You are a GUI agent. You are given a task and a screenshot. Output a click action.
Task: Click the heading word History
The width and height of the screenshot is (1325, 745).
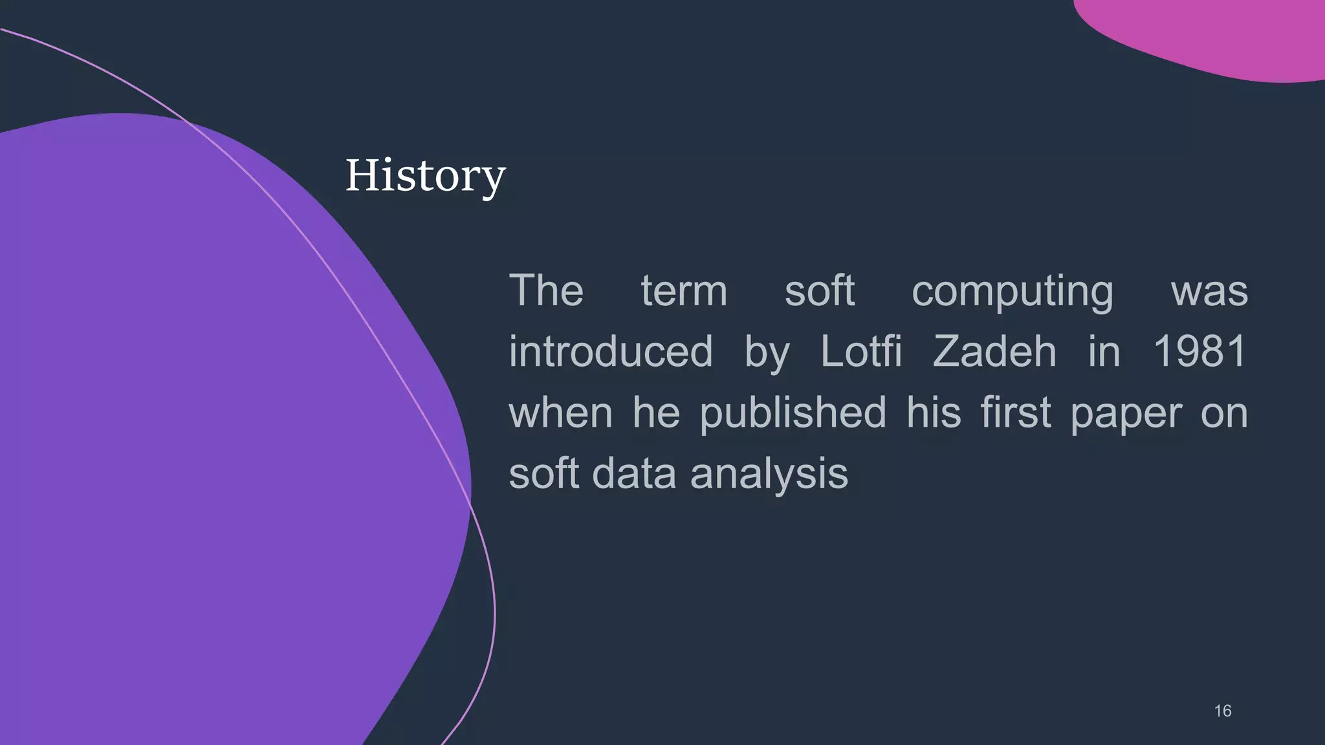[x=425, y=175]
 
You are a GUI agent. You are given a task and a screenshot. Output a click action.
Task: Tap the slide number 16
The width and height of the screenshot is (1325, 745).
[x=1222, y=711]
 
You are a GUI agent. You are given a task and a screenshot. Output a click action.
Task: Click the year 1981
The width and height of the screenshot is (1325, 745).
[x=1200, y=352]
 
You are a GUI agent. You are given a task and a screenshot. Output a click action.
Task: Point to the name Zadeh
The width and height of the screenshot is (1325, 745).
[x=994, y=352]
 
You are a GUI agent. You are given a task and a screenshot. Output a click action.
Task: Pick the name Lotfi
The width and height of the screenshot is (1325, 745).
[x=860, y=352]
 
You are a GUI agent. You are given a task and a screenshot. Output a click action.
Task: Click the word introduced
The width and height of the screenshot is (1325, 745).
[x=610, y=352]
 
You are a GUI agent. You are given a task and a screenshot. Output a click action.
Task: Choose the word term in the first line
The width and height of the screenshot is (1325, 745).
[x=684, y=291]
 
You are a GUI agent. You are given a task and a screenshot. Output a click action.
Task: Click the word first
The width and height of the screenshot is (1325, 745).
[x=1015, y=413]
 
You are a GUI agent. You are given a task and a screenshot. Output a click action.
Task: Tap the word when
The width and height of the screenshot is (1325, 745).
[x=560, y=413]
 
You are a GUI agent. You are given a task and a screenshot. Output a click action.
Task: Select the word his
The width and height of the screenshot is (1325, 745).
[x=933, y=413]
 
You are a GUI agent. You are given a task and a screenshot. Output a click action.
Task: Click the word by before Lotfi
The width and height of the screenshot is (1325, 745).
[x=767, y=353]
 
